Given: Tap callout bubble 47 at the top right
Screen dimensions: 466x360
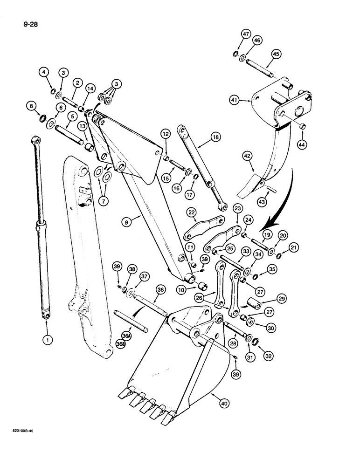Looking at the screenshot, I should point(246,34).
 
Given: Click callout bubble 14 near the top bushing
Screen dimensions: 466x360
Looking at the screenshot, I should point(90,88).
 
